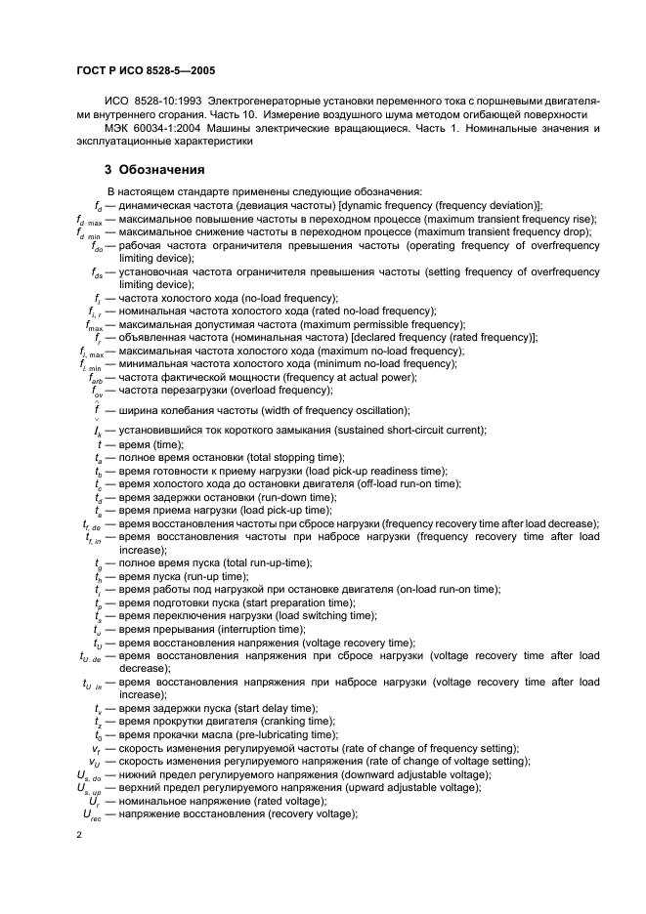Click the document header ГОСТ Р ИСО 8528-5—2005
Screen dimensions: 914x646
click(146, 71)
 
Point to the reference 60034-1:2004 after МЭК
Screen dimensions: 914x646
click(172, 128)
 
